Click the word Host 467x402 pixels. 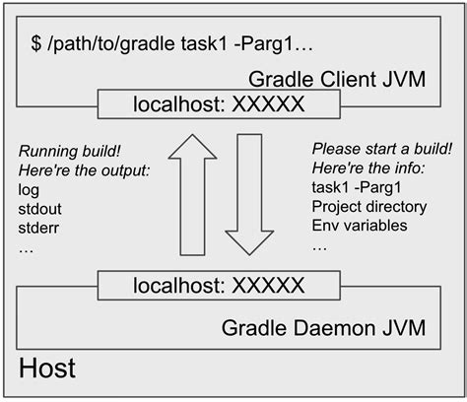pos(47,370)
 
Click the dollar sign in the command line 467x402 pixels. pos(37,45)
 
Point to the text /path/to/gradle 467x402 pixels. pos(109,45)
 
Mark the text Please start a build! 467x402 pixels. pos(381,150)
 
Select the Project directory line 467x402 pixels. pos(368,208)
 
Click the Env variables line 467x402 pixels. pos(361,228)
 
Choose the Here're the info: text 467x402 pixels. pos(367,169)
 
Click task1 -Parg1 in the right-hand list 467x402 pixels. pos(356,188)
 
